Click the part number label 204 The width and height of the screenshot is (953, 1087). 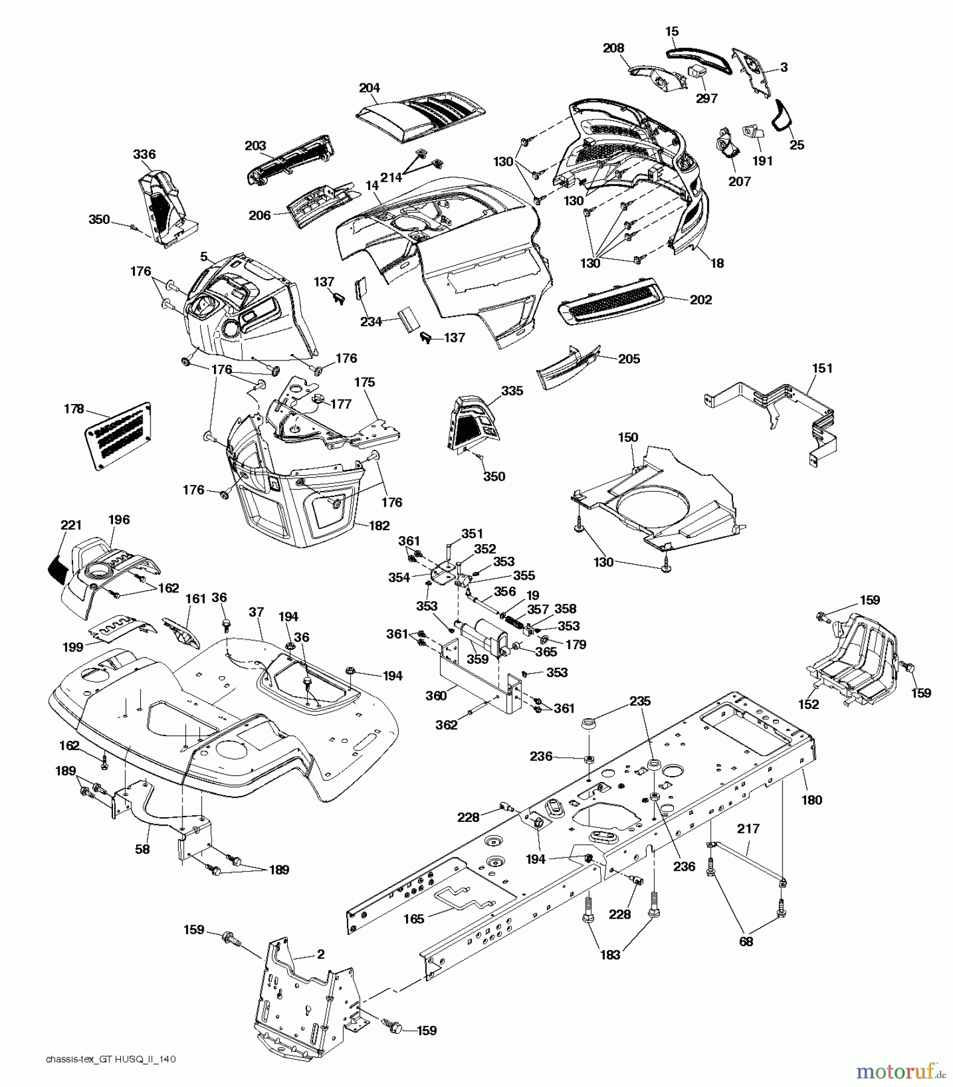369,88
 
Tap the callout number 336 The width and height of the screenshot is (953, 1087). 144,155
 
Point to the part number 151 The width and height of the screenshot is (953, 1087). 822,368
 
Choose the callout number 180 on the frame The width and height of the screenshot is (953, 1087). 812,800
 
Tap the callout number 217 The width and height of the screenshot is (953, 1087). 748,829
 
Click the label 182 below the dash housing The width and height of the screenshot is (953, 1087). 379,525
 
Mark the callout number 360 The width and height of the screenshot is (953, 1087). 435,696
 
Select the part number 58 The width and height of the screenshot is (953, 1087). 143,848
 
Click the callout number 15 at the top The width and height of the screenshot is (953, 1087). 672,31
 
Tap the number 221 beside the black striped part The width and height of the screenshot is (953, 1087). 71,525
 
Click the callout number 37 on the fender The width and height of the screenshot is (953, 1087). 256,612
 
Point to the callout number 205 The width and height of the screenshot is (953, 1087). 629,359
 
